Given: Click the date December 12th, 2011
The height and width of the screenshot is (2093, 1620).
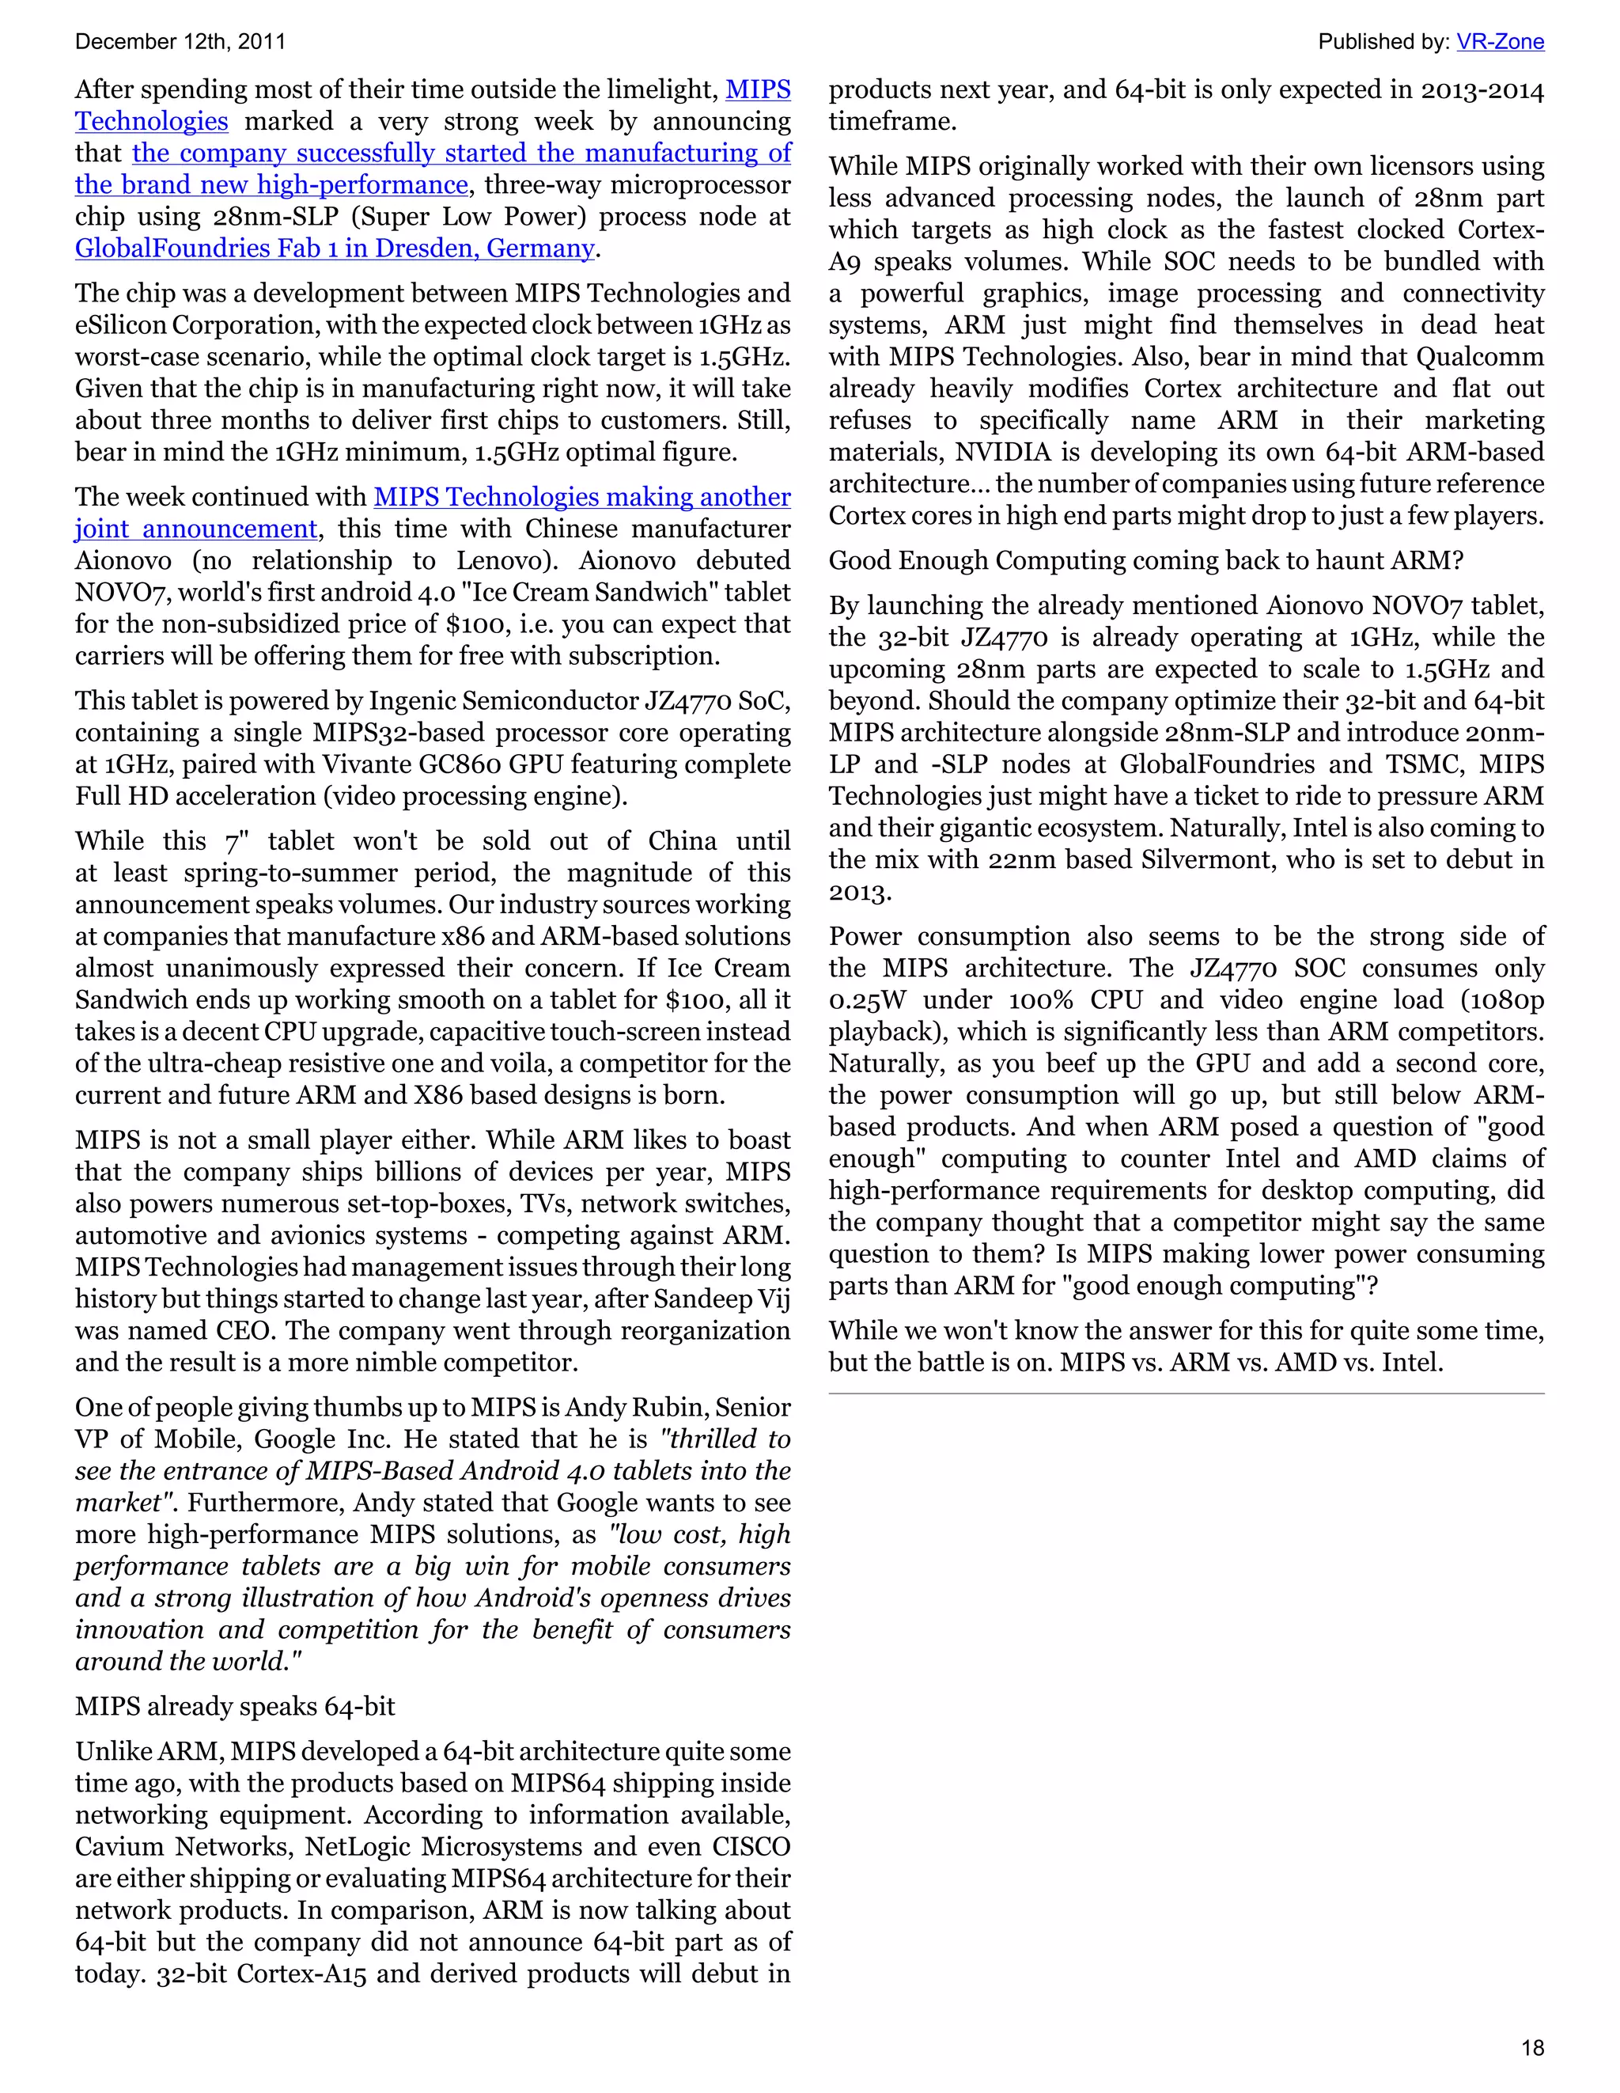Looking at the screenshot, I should pos(180,42).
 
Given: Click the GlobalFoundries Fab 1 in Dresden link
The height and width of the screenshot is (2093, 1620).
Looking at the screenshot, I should pos(335,248).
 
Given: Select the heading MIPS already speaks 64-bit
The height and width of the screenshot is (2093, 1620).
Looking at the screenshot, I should pos(235,1707).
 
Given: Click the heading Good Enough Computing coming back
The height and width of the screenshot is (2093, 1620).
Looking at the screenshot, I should pos(1145,560).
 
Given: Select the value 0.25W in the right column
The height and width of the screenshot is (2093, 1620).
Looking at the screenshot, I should pos(867,1000).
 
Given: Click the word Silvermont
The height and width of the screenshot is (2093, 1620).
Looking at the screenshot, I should pos(1207,859).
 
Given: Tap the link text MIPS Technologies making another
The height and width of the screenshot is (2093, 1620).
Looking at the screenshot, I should pos(581,498).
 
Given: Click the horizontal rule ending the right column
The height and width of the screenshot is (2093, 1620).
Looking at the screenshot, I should pos(1186,1393).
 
